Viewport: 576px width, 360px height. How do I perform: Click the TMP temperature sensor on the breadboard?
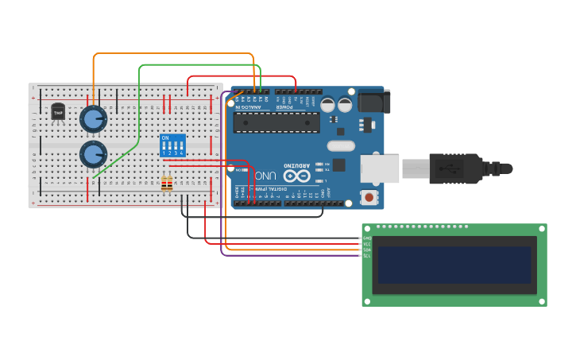tap(58, 112)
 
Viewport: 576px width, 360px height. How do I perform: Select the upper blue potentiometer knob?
tap(93, 119)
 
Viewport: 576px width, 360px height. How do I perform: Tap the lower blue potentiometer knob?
tap(93, 153)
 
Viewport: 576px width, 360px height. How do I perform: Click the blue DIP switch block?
tap(172, 145)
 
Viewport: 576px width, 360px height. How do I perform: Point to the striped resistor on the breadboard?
tap(167, 184)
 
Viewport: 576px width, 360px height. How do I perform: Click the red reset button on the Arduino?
tap(369, 195)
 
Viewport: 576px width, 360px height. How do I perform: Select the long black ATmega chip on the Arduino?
tap(277, 122)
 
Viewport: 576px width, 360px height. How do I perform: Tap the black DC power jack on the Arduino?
tap(374, 101)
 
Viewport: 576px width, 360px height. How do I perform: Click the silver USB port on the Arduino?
tap(380, 168)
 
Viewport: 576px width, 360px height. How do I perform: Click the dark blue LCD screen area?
tap(454, 265)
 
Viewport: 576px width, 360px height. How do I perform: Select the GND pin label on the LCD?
tap(367, 238)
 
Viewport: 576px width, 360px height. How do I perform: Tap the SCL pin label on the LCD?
tap(367, 256)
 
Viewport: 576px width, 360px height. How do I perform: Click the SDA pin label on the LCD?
tap(367, 250)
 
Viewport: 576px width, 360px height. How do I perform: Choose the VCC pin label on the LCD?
tap(367, 243)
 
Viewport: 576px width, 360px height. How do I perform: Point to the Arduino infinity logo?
tap(296, 176)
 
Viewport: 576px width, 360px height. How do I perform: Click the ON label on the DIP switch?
tap(164, 137)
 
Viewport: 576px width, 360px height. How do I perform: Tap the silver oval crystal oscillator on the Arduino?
tap(341, 145)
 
